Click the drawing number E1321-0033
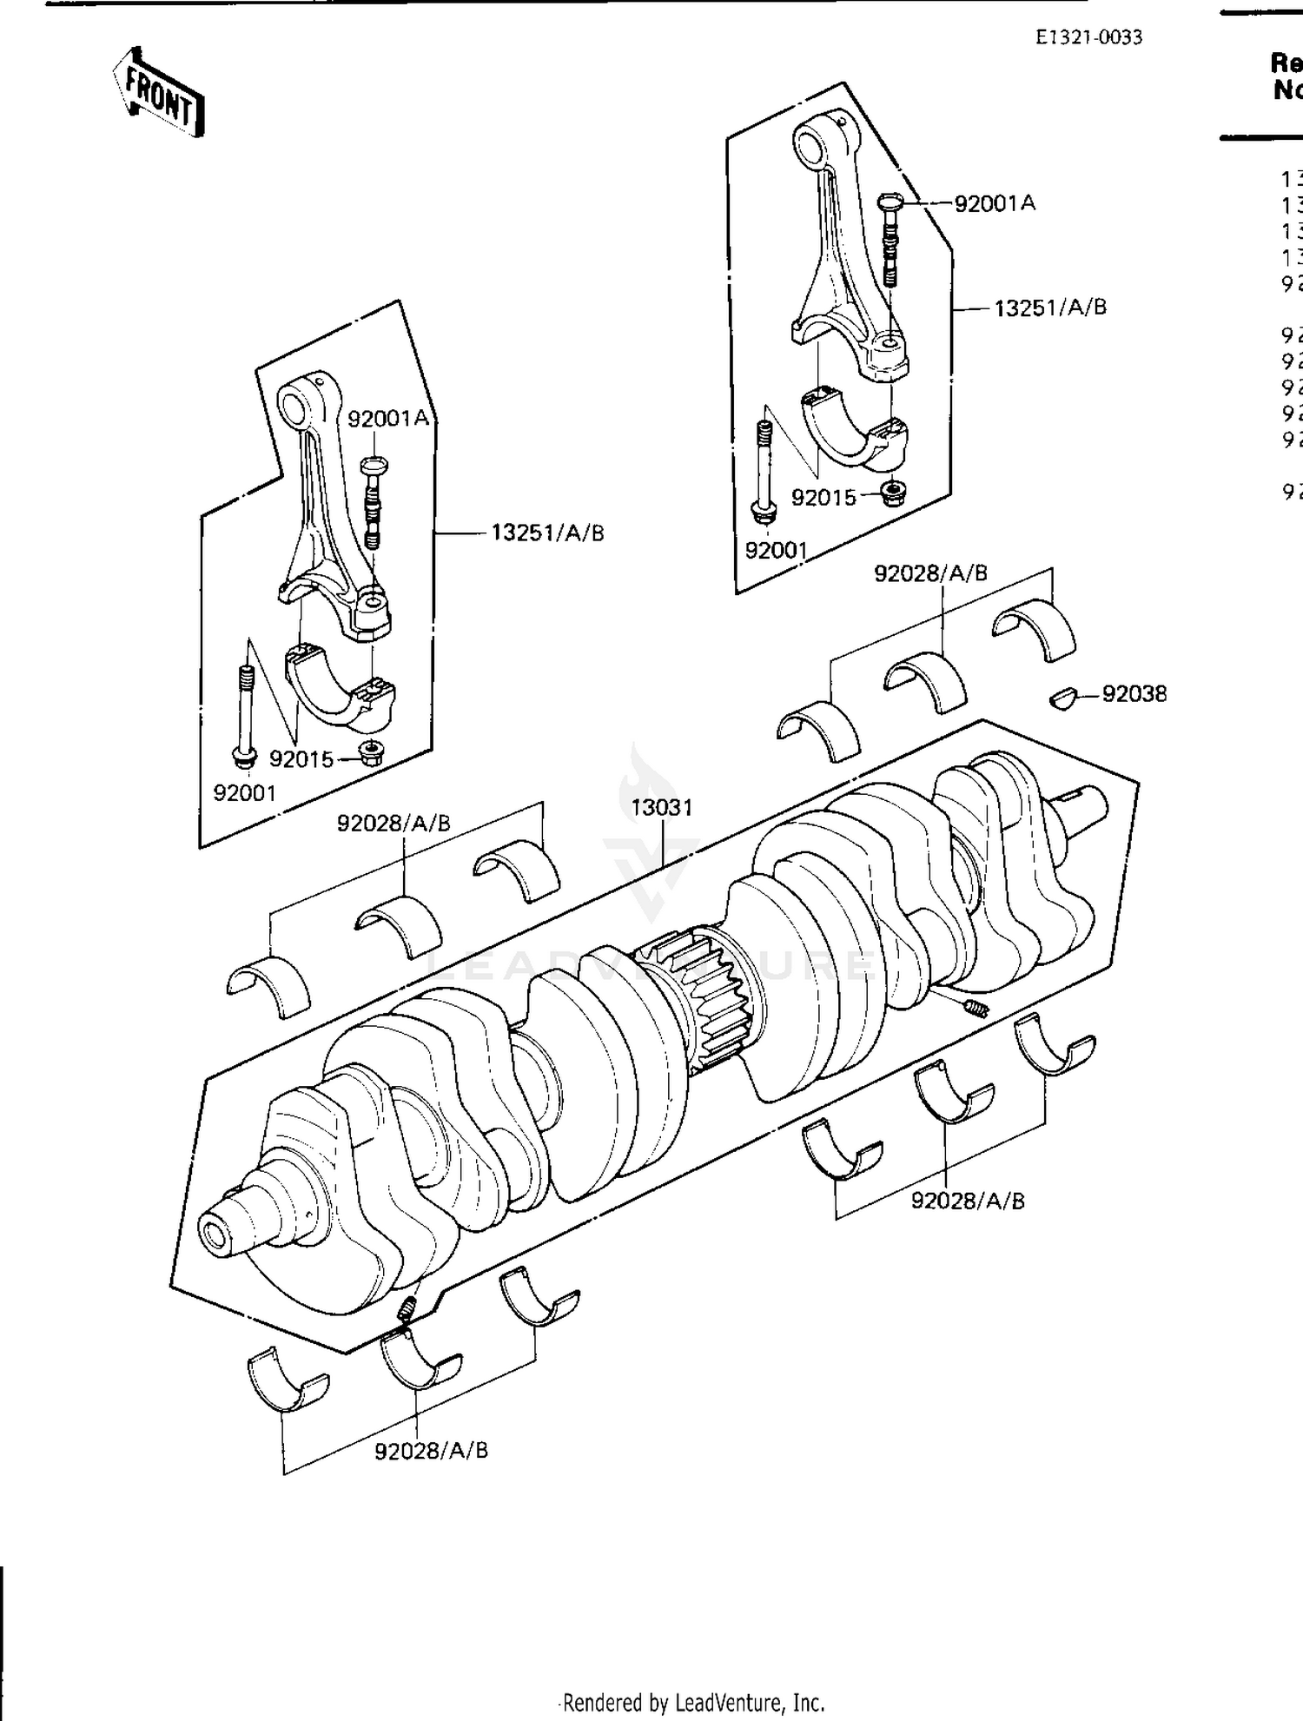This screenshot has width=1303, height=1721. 1088,37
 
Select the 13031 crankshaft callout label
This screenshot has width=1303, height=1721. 662,808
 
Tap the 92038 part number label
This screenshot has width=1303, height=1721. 1134,694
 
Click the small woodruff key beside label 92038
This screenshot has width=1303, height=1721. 1062,697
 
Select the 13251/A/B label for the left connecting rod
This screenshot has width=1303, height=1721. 547,533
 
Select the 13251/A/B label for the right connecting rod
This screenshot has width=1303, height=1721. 1050,308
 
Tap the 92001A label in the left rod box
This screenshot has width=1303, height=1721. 388,419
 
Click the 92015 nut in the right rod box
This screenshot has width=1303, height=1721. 892,493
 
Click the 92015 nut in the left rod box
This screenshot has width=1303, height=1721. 371,752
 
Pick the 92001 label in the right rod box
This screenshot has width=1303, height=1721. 777,551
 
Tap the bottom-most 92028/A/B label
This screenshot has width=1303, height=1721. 431,1451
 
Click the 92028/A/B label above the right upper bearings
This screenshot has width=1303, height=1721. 930,573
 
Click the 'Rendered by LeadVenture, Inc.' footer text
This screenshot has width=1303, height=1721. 693,1703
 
